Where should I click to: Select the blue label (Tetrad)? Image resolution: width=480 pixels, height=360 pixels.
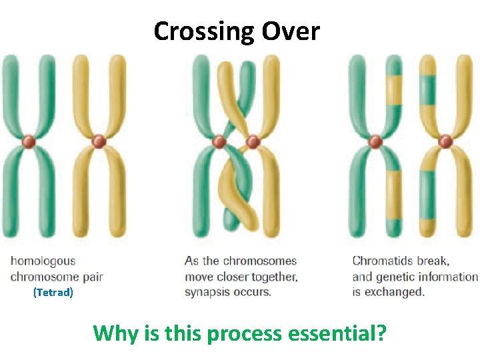(x=53, y=292)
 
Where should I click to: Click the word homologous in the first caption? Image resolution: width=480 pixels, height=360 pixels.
(x=43, y=261)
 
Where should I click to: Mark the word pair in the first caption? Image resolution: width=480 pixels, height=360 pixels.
(x=91, y=277)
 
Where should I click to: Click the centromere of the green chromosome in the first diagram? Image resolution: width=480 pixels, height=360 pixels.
(x=29, y=142)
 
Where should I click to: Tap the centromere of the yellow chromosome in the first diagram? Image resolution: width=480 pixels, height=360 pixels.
(x=99, y=142)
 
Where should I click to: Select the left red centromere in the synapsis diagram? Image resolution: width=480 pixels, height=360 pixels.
(x=219, y=142)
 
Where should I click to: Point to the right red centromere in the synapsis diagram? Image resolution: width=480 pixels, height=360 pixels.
(x=253, y=142)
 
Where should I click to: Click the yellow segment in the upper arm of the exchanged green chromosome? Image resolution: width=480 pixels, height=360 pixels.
(x=394, y=91)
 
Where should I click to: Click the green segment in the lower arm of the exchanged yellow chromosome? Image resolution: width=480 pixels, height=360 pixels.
(x=427, y=193)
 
